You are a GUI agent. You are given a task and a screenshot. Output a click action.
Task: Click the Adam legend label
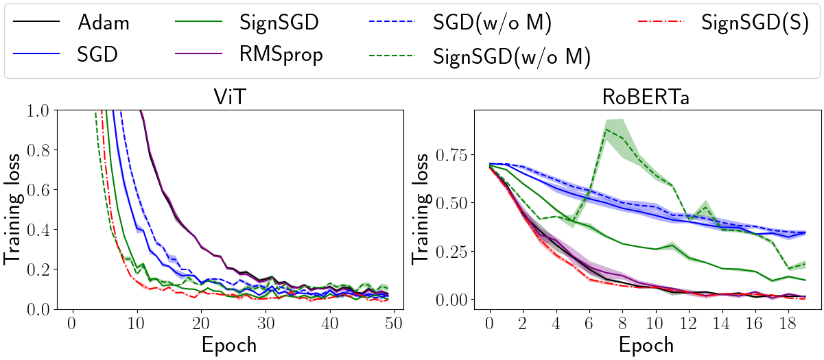[x=103, y=23]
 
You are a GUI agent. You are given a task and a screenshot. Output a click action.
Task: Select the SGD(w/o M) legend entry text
[x=493, y=23]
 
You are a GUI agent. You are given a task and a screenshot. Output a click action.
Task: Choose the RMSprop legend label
[x=281, y=54]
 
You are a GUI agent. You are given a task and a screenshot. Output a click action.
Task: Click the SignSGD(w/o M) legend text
[x=512, y=56]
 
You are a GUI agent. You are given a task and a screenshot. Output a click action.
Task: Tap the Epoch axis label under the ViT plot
[x=228, y=344]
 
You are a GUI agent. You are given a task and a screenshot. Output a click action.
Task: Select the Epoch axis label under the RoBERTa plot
[x=646, y=344]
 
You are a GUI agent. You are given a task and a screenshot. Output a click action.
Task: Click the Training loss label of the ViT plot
[x=15, y=209]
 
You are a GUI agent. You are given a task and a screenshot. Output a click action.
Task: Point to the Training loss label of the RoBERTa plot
[x=423, y=209]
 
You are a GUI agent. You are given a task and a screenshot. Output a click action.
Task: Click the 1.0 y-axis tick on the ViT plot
[x=46, y=110]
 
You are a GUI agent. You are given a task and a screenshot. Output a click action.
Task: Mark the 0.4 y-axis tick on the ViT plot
[x=46, y=230]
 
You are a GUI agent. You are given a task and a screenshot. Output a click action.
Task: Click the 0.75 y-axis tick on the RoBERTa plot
[x=449, y=155]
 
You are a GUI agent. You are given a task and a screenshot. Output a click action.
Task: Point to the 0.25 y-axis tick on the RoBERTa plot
[x=449, y=252]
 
